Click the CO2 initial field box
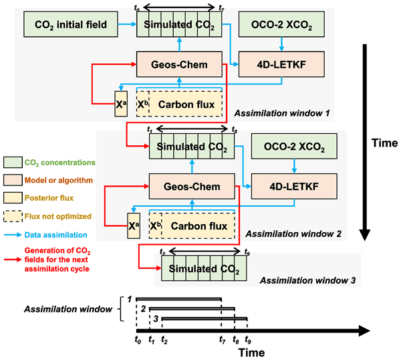coord(65,26)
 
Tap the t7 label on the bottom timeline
coord(222,341)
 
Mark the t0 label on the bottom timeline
coord(136,341)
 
